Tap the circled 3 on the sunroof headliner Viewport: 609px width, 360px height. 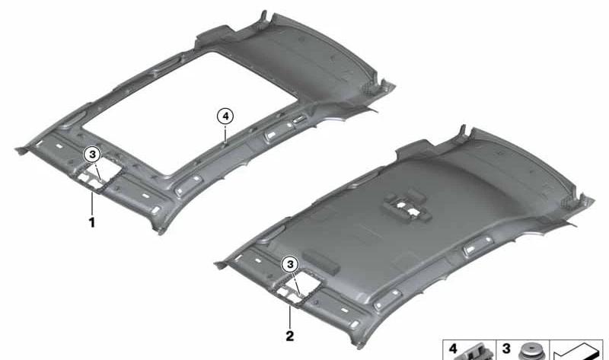pos(92,155)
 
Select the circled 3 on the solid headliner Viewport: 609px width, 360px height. pos(289,264)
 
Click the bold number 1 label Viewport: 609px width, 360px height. pos(92,223)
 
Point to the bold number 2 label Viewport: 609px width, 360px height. pos(289,334)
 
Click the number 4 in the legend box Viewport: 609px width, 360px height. pos(453,349)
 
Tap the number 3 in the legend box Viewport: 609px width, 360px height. pos(505,349)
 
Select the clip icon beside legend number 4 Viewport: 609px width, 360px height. pos(478,352)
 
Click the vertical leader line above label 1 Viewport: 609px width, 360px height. pos(92,203)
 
